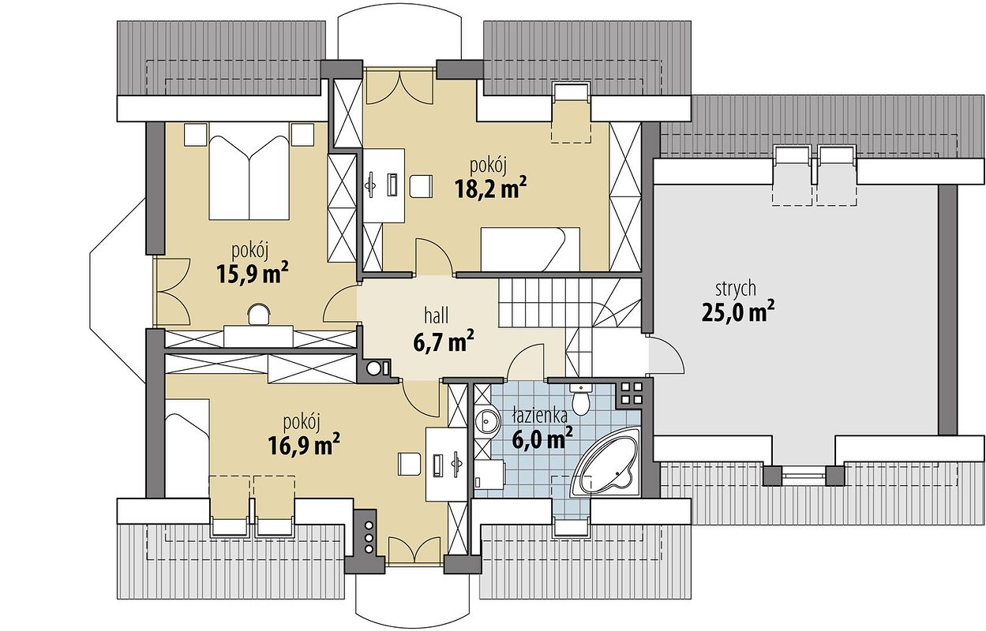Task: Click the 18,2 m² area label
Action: pos(491,188)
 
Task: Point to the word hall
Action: pos(437,315)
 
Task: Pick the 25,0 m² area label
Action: pos(738,312)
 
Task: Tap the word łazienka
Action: pos(540,416)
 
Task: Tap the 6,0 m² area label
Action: pos(542,438)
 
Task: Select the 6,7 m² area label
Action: pos(444,342)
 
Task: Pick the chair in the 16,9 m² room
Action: pos(410,464)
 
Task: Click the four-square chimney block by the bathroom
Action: pos(630,393)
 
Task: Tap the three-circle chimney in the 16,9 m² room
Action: pos(369,537)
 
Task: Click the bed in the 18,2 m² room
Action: pos(530,249)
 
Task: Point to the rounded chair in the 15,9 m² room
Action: pos(259,315)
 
